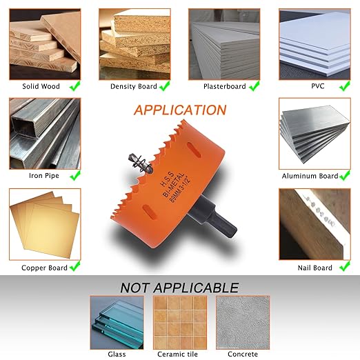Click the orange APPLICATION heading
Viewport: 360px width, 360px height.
pyautogui.click(x=180, y=110)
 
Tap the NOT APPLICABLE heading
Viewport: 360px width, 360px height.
pyautogui.click(x=179, y=288)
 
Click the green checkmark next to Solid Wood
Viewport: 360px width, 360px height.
pyautogui.click(x=75, y=86)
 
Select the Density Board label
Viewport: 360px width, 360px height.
pyautogui.click(x=134, y=86)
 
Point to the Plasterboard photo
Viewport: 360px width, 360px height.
pyautogui.click(x=224, y=44)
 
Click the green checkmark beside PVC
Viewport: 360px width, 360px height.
pyautogui.click(x=345, y=86)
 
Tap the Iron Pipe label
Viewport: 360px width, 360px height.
pyautogui.click(x=44, y=176)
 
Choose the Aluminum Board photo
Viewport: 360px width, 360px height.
pyautogui.click(x=314, y=134)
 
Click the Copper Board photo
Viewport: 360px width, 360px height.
pyautogui.click(x=45, y=224)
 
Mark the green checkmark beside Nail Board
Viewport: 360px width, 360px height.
pyautogui.click(x=345, y=266)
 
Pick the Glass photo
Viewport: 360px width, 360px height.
pyautogui.click(x=117, y=323)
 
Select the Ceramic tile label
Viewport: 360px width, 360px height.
pyautogui.click(x=177, y=354)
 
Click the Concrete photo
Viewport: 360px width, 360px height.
pyautogui.click(x=243, y=323)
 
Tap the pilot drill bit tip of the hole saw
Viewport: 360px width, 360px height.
pyautogui.click(x=130, y=156)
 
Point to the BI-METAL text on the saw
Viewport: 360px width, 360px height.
pyautogui.click(x=174, y=185)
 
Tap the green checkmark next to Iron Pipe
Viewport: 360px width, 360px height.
pyautogui.click(x=75, y=175)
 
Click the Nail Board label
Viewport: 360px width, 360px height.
pyautogui.click(x=314, y=268)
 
